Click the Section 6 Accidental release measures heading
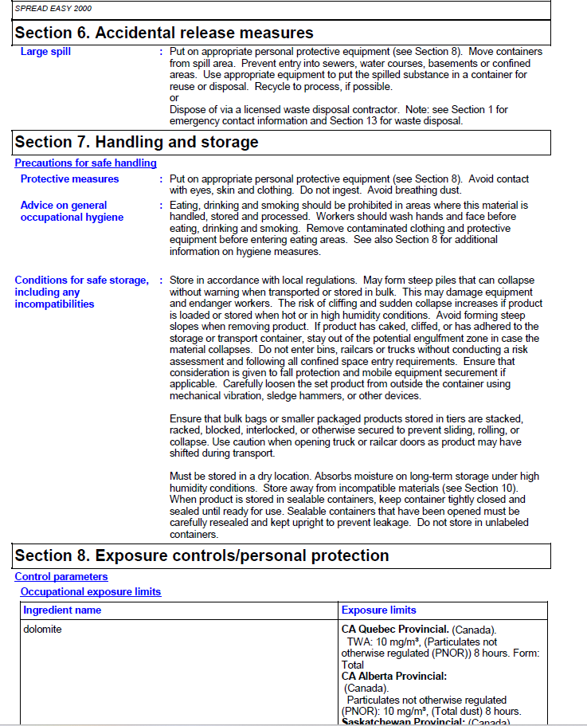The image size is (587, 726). coord(164,33)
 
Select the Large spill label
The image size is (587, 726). coord(45,52)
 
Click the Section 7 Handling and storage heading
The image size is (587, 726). coord(137,142)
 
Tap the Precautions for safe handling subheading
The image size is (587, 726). coord(85,163)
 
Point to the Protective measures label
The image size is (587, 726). coord(69,179)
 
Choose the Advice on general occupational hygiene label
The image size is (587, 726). coord(71,211)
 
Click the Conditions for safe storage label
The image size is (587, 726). coord(80,292)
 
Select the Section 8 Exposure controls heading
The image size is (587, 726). coord(202,555)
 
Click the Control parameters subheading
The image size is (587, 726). coord(61,577)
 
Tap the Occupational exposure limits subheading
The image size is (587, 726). coord(91,592)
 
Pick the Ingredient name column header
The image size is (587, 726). coord(62,610)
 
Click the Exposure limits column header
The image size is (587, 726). coord(379,610)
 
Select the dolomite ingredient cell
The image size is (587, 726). coord(42,630)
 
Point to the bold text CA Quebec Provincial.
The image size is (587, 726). coord(395,630)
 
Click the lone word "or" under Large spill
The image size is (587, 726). coord(174,98)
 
